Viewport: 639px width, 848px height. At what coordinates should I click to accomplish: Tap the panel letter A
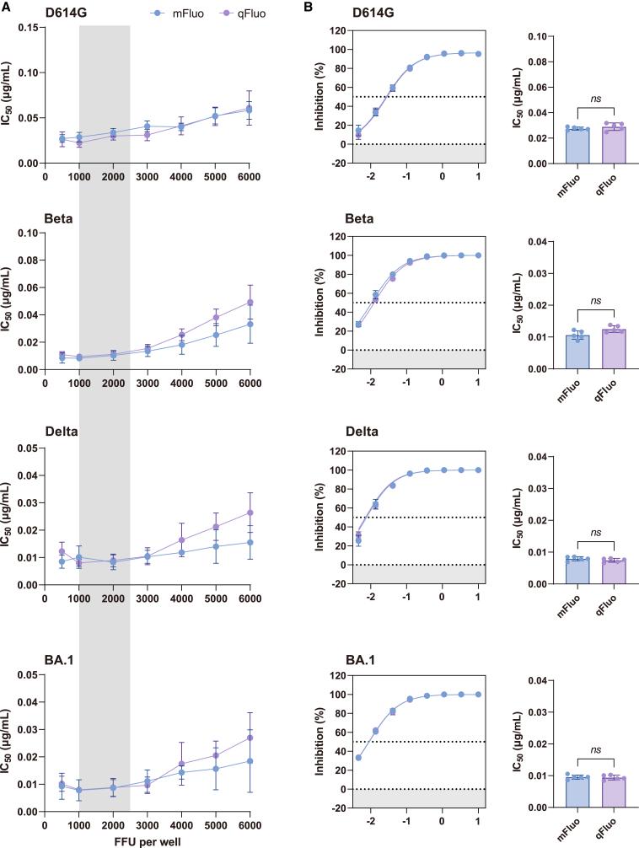click(x=5, y=7)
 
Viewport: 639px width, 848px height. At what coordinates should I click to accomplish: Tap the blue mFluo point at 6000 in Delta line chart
click(x=249, y=542)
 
